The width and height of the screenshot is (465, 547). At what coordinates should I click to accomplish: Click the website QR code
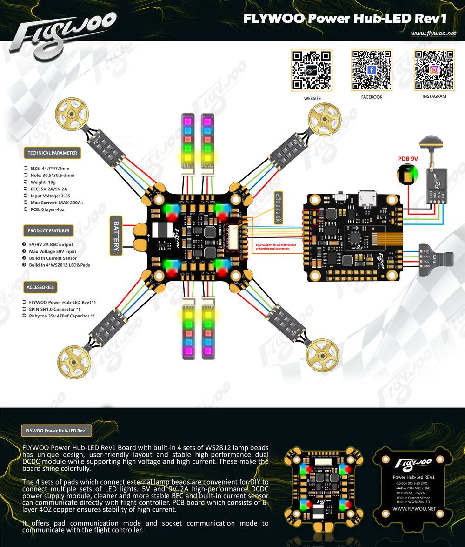tap(312, 70)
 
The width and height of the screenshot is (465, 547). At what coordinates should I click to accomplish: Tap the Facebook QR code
tap(372, 70)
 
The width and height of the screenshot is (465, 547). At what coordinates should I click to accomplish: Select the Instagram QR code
tap(434, 70)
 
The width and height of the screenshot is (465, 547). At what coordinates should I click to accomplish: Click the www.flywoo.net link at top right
tap(433, 33)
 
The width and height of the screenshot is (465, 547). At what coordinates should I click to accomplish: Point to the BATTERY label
tap(116, 236)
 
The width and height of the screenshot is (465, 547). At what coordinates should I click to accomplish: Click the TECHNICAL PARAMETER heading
tap(52, 153)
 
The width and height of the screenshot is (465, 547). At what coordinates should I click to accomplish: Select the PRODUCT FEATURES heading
tap(48, 230)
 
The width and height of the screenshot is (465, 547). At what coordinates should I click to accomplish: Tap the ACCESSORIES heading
tap(40, 287)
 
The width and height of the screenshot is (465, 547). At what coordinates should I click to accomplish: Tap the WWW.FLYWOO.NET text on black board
tap(414, 509)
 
